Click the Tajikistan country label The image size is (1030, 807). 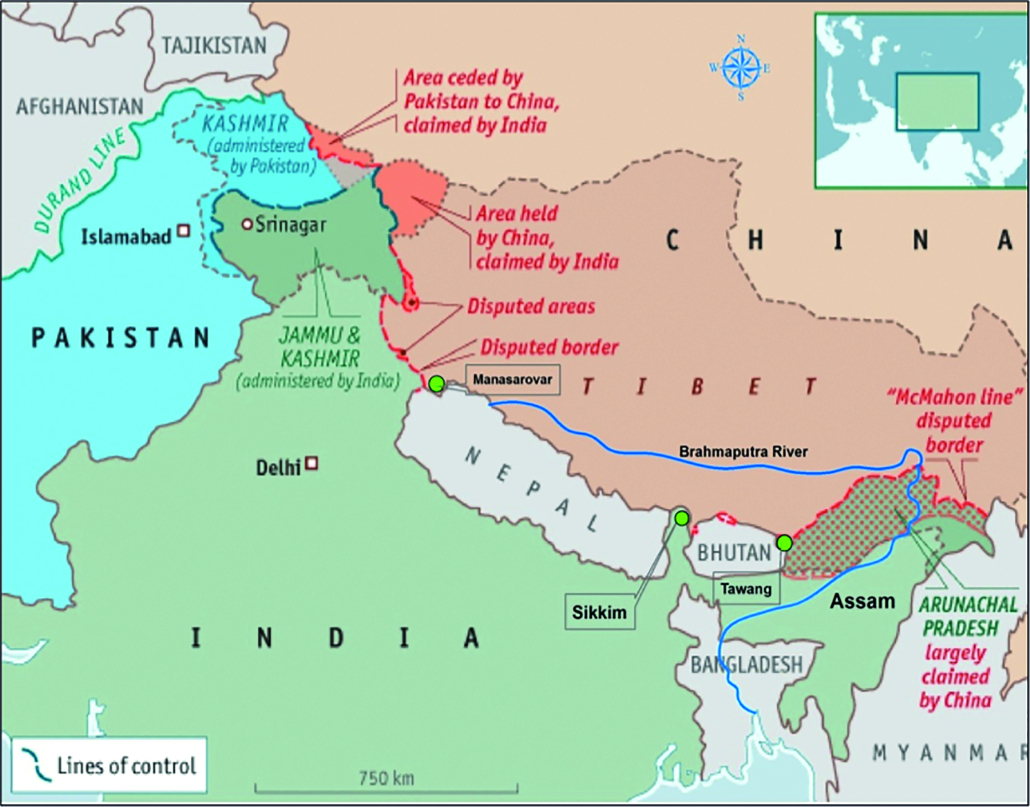click(x=214, y=45)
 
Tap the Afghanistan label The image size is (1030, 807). click(x=79, y=106)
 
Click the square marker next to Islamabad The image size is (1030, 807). click(x=183, y=231)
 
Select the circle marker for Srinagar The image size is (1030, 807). click(x=246, y=225)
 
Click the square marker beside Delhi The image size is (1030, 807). click(x=312, y=463)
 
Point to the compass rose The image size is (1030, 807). click(x=741, y=68)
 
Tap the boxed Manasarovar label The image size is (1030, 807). click(x=512, y=379)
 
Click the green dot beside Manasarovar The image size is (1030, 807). click(x=436, y=383)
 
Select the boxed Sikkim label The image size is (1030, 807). click(x=599, y=612)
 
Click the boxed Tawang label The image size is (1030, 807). click(x=746, y=588)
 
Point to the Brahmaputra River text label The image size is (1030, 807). click(x=743, y=451)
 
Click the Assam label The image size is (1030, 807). click(x=862, y=600)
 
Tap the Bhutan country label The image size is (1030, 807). click(x=734, y=552)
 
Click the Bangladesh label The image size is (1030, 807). click(x=747, y=665)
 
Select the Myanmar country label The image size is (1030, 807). click(x=950, y=753)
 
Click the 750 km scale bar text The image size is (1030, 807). click(x=386, y=777)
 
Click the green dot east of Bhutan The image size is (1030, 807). click(x=785, y=543)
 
